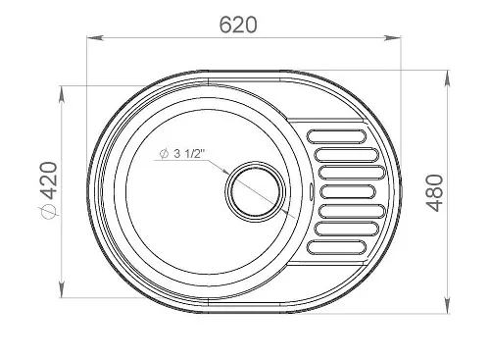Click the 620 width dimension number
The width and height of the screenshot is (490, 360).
click(x=238, y=25)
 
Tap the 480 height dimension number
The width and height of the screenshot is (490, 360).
click(x=435, y=193)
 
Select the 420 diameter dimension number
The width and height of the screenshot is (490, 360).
click(x=49, y=180)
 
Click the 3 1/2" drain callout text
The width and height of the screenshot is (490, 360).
click(x=189, y=153)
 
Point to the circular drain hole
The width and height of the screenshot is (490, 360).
click(x=255, y=191)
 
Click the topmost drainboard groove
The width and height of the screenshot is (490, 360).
click(x=336, y=136)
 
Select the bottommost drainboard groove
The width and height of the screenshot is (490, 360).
click(x=336, y=247)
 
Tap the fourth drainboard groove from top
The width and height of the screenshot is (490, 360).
click(x=348, y=192)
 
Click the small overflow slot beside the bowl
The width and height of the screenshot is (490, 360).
click(x=311, y=191)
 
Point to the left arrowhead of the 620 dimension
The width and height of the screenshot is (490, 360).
click(x=95, y=38)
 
